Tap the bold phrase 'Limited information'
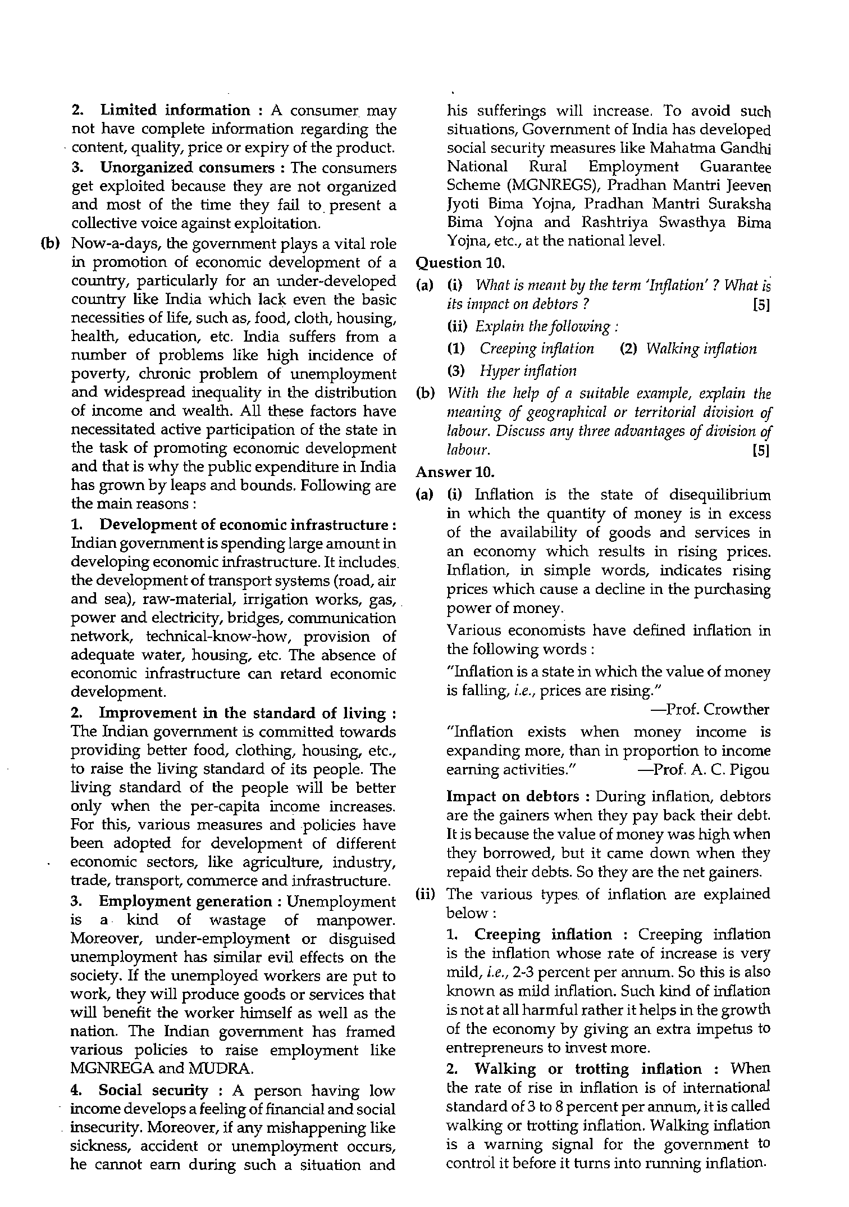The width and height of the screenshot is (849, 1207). tap(175, 110)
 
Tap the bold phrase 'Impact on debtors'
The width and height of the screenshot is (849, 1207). tap(513, 797)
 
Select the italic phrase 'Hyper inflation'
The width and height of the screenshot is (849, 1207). tap(528, 371)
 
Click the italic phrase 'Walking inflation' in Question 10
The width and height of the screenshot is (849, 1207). tap(701, 349)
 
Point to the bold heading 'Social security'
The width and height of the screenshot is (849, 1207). tap(153, 1091)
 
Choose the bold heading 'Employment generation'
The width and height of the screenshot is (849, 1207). tap(185, 901)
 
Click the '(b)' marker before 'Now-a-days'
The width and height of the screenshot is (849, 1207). tap(50, 244)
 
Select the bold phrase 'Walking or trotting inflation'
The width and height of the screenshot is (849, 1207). tap(588, 1069)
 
